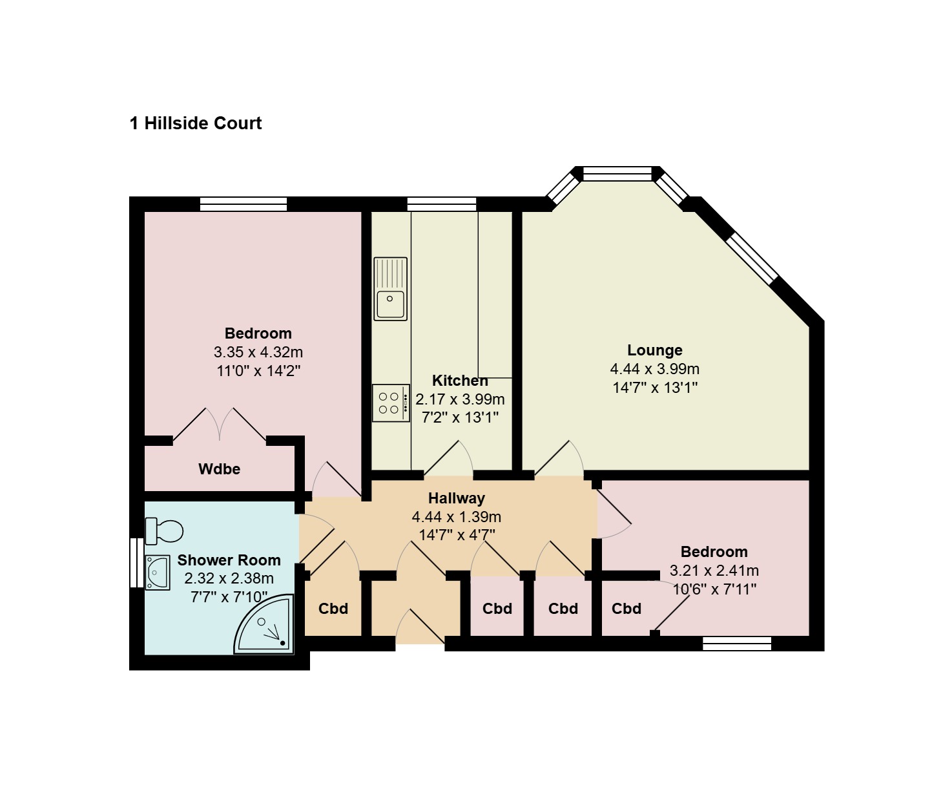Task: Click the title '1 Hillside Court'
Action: [196, 123]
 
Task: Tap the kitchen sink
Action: [391, 289]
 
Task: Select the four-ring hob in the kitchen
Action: [391, 403]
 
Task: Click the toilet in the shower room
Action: [164, 531]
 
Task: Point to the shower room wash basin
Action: [158, 573]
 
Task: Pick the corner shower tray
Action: [264, 624]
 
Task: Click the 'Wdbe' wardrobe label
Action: [219, 469]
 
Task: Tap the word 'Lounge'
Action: [655, 350]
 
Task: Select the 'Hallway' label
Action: [457, 498]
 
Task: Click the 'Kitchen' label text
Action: [461, 381]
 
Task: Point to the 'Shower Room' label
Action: [229, 560]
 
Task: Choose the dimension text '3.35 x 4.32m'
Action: [258, 352]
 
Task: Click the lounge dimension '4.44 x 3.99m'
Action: [655, 369]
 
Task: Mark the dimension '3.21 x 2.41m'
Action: [714, 571]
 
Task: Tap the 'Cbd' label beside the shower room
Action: [333, 609]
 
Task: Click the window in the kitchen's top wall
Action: [442, 204]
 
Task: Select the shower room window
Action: [138, 563]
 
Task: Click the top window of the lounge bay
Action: [617, 174]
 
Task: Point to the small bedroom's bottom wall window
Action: [737, 644]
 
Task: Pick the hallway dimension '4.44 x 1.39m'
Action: [457, 516]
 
